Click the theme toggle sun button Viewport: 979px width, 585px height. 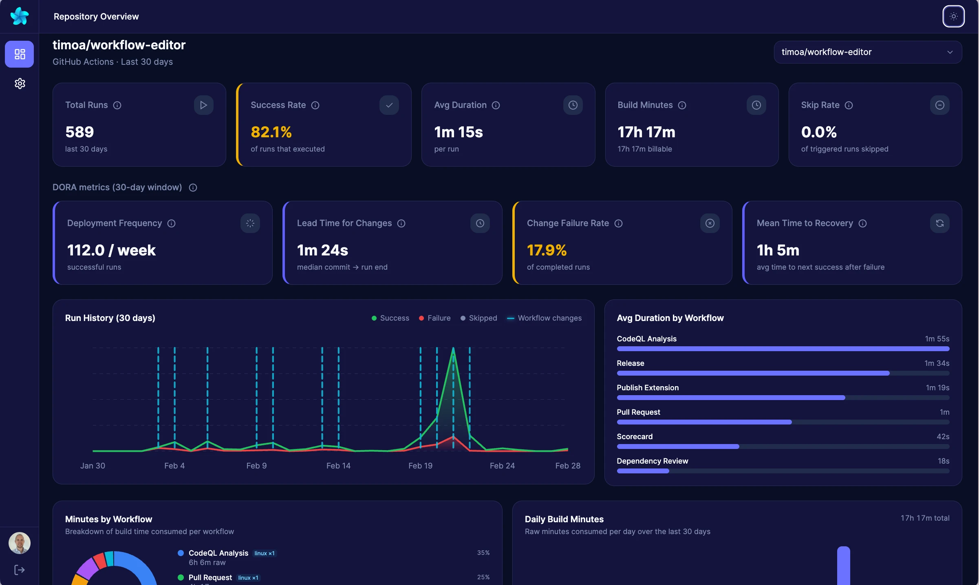pyautogui.click(x=953, y=16)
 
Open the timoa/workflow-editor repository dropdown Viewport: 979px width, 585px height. pyautogui.click(x=867, y=52)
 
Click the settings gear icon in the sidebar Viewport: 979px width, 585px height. pyautogui.click(x=20, y=84)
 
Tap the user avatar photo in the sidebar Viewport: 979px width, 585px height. pyautogui.click(x=20, y=543)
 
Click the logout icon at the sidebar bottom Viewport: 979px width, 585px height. pyautogui.click(x=20, y=570)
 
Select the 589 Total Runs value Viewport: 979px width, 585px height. pyautogui.click(x=79, y=132)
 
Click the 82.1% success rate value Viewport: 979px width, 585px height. pyautogui.click(x=271, y=132)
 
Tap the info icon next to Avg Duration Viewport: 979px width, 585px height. pyautogui.click(x=496, y=105)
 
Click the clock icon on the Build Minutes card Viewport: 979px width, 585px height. pyautogui.click(x=756, y=105)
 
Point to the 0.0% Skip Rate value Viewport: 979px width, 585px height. pyautogui.click(x=818, y=132)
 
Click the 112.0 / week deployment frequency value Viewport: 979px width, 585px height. pyautogui.click(x=111, y=250)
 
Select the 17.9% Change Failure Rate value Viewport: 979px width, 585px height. pyautogui.click(x=547, y=250)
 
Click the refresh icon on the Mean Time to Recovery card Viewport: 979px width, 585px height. pyautogui.click(x=939, y=223)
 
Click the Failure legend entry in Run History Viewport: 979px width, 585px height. pyautogui.click(x=435, y=318)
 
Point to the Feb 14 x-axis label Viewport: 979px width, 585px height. pyautogui.click(x=338, y=466)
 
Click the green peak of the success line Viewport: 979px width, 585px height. pyautogui.click(x=453, y=349)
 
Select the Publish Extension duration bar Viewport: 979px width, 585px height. pyautogui.click(x=731, y=398)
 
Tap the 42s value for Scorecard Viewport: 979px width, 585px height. pyautogui.click(x=943, y=437)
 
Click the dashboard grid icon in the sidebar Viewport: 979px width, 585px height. pyautogui.click(x=20, y=54)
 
